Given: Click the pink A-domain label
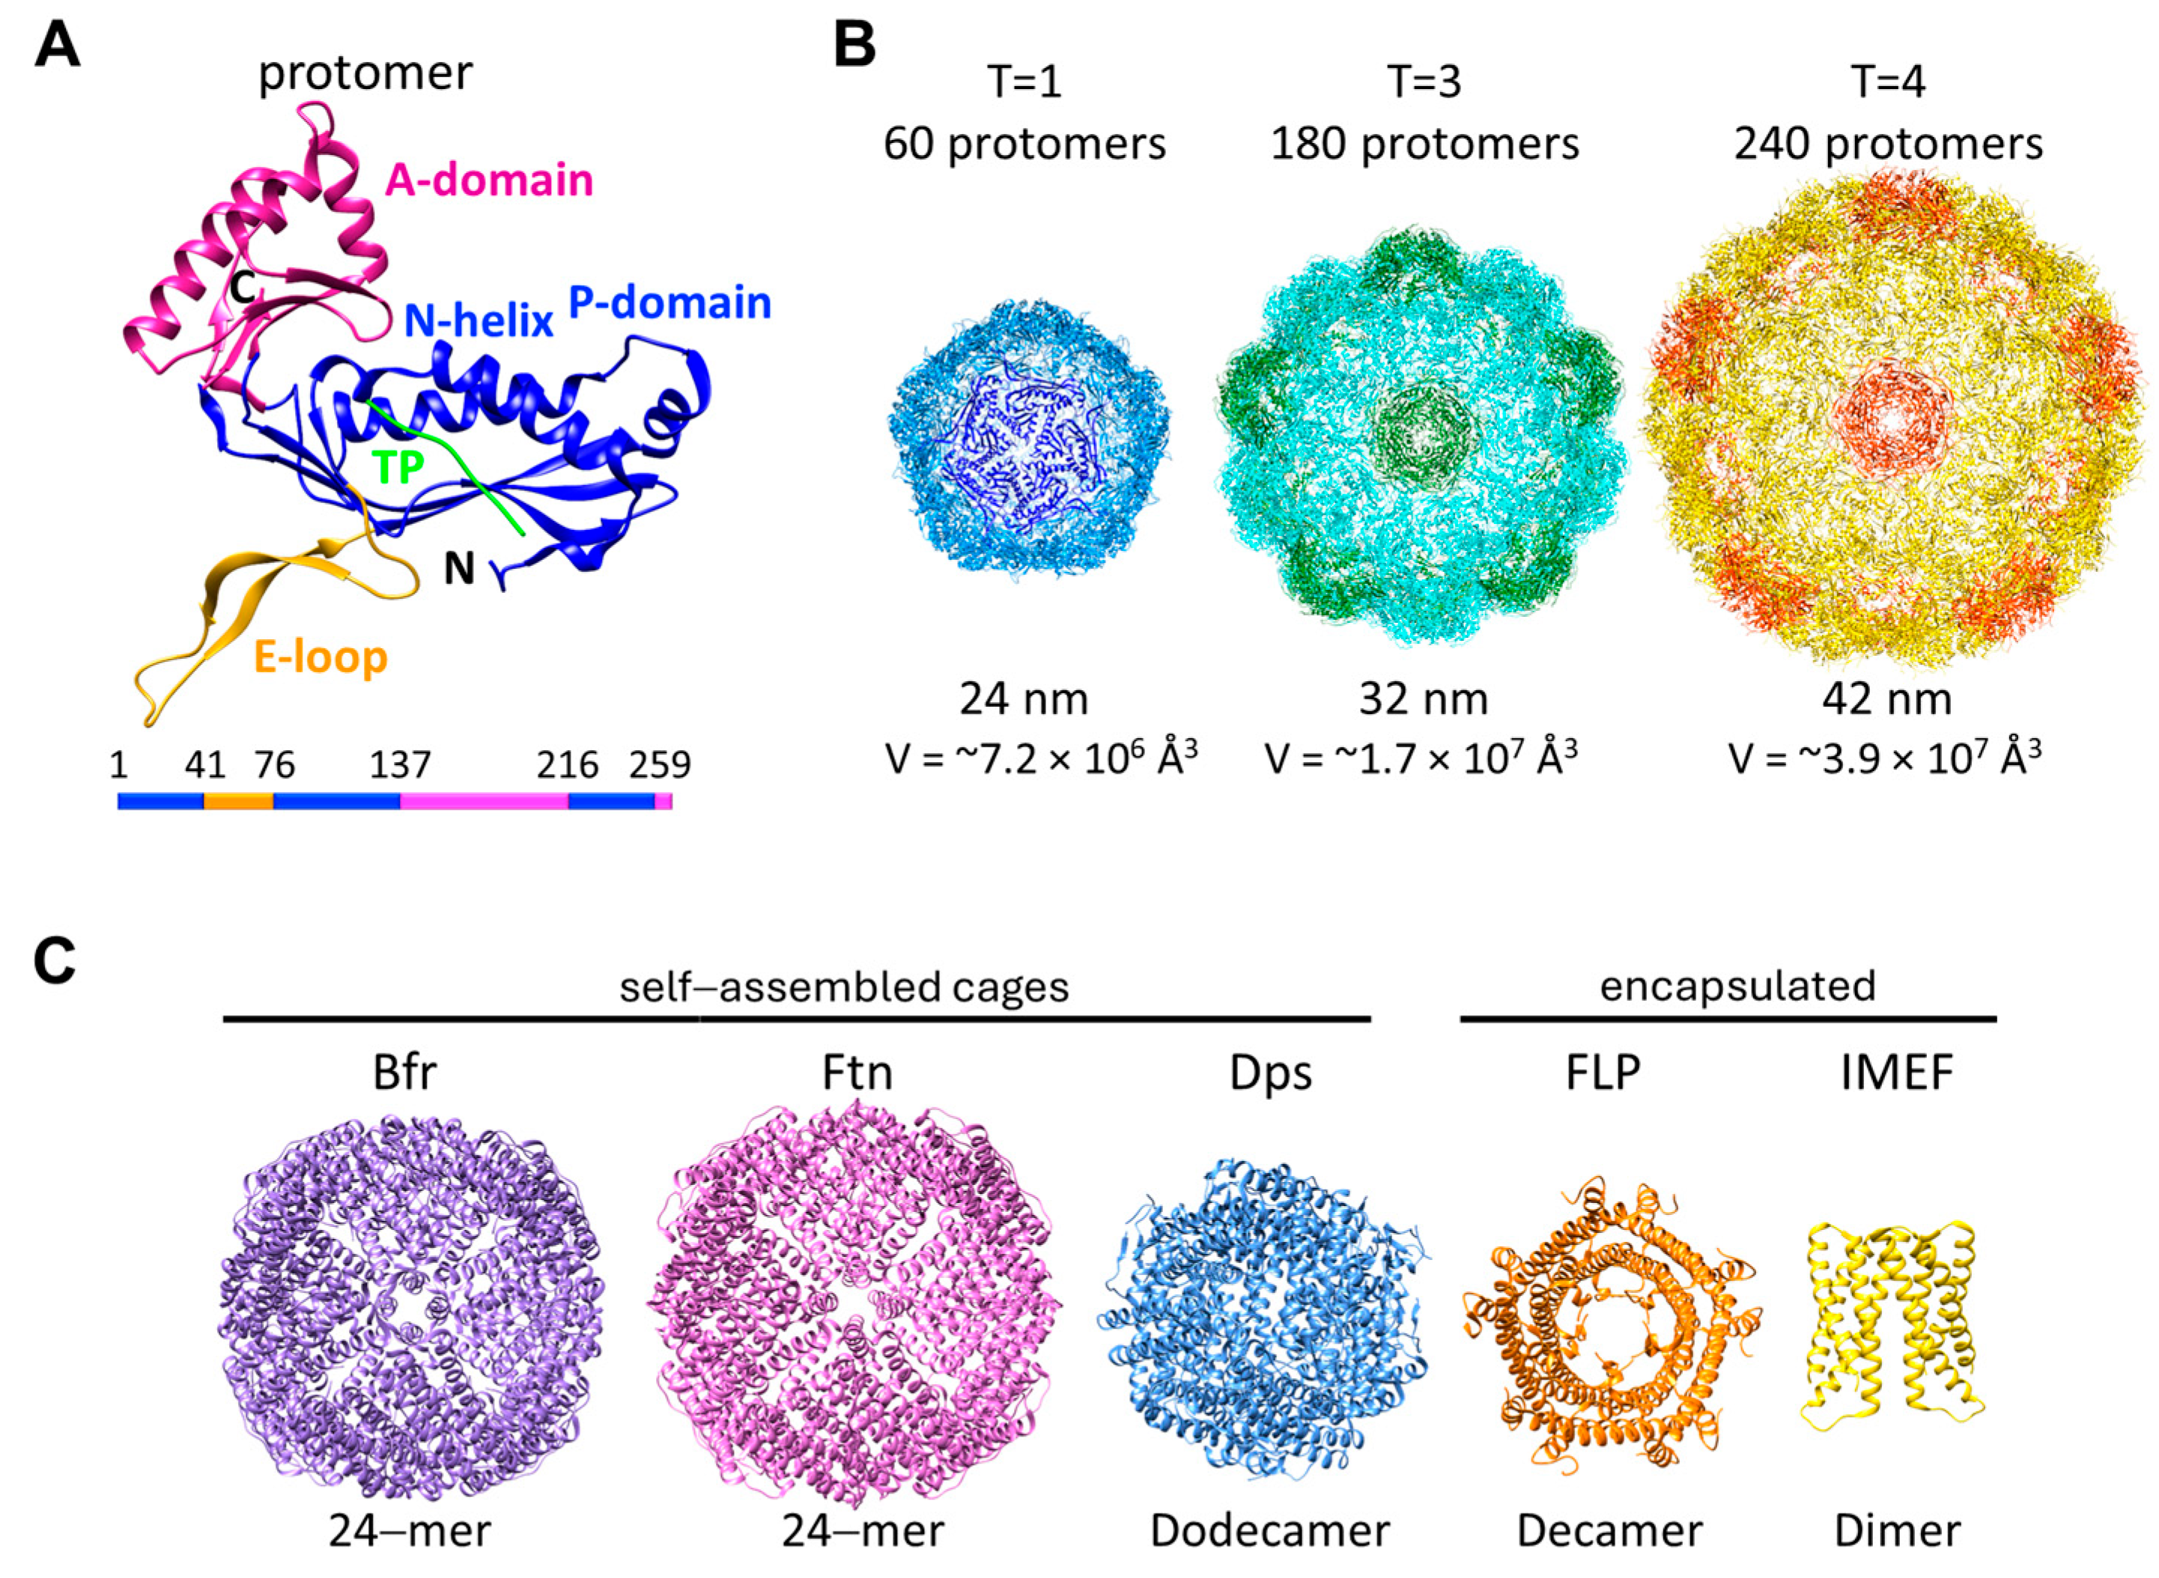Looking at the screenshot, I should click(488, 180).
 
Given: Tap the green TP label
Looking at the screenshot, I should click(398, 468).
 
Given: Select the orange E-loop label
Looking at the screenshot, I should click(320, 657).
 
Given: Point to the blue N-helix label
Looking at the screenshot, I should click(479, 322).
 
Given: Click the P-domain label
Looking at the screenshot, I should click(669, 303).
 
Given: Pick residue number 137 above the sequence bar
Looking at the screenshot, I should click(401, 764).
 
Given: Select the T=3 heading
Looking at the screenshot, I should click(1424, 82).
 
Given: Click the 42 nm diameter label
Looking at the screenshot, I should click(1886, 700).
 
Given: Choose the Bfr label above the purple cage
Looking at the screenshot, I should click(404, 1073).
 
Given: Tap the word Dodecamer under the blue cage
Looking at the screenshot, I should click(1269, 1531).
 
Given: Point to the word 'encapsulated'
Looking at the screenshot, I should click(1737, 986).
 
